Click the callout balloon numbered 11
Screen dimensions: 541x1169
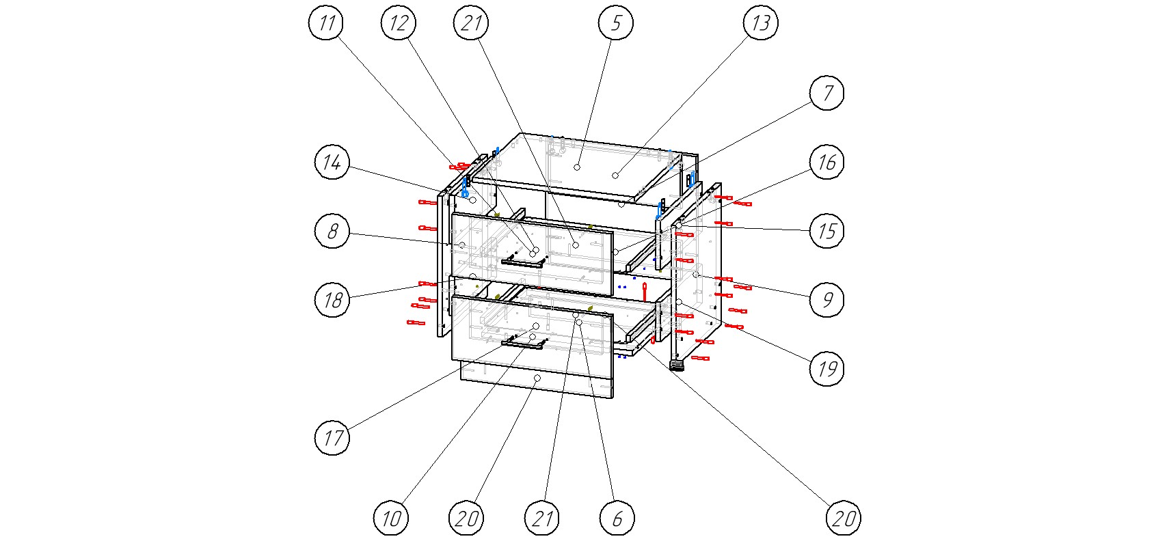pyautogui.click(x=327, y=24)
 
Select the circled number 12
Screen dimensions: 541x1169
pyautogui.click(x=399, y=24)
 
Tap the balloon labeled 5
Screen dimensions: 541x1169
pyautogui.click(x=616, y=24)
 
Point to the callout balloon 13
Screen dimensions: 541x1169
pyautogui.click(x=761, y=24)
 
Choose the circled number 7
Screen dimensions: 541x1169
pyautogui.click(x=827, y=93)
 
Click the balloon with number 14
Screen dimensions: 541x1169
pyautogui.click(x=332, y=163)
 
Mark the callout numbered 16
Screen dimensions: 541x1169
pyautogui.click(x=827, y=163)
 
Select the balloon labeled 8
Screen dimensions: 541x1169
pyautogui.click(x=332, y=231)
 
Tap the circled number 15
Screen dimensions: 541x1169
pyautogui.click(x=827, y=231)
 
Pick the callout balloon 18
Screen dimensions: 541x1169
pyautogui.click(x=332, y=300)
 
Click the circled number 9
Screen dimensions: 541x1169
pyautogui.click(x=827, y=300)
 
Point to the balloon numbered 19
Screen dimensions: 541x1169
pyautogui.click(x=827, y=369)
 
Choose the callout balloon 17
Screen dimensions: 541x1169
pyautogui.click(x=332, y=437)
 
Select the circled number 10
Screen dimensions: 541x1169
pyautogui.click(x=391, y=518)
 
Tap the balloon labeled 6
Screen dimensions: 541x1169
pyautogui.click(x=617, y=518)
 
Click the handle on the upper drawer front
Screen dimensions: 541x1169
pyautogui.click(x=524, y=261)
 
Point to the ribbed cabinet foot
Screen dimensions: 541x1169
pyautogui.click(x=677, y=365)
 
